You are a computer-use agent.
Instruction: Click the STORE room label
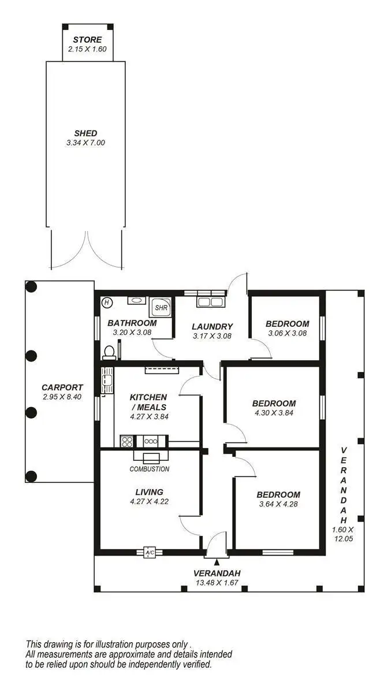pyautogui.click(x=87, y=40)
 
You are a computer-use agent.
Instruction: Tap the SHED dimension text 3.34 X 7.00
pyautogui.click(x=85, y=142)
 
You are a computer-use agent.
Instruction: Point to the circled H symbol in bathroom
pyautogui.click(x=106, y=302)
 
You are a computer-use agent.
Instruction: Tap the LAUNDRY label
pyautogui.click(x=212, y=326)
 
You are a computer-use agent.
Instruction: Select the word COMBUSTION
pyautogui.click(x=149, y=469)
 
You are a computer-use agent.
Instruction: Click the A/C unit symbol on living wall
pyautogui.click(x=150, y=553)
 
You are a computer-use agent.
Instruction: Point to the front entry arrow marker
pyautogui.click(x=217, y=561)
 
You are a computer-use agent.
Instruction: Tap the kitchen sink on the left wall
pyautogui.click(x=106, y=379)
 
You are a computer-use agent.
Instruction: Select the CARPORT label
pyautogui.click(x=62, y=388)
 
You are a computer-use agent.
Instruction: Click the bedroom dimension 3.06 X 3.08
pyautogui.click(x=287, y=333)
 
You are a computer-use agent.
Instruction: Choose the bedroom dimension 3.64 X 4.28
pyautogui.click(x=278, y=504)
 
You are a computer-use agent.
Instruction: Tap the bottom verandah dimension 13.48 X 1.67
pyautogui.click(x=217, y=582)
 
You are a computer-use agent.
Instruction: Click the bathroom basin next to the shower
pyautogui.click(x=137, y=300)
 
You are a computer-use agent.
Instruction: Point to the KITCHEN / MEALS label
pyautogui.click(x=148, y=402)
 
